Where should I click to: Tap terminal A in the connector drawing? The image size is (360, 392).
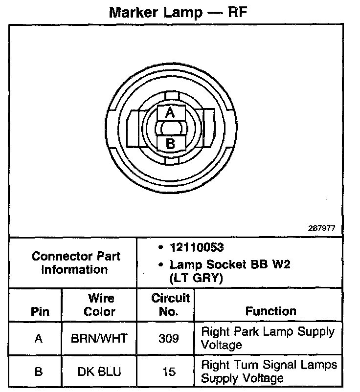(x=170, y=113)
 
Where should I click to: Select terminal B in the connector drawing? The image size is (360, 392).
(x=170, y=144)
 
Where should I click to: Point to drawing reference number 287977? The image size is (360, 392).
(x=322, y=228)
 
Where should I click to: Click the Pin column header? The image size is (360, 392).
(x=40, y=312)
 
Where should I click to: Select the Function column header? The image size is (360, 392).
(x=270, y=311)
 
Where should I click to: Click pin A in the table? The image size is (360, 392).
(x=39, y=338)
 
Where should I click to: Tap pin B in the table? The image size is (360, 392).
(x=39, y=371)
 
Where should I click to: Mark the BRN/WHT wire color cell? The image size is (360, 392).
(x=100, y=338)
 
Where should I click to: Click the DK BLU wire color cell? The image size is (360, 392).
(x=100, y=371)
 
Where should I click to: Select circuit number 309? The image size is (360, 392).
(x=169, y=338)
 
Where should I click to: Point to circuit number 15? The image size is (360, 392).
(x=169, y=371)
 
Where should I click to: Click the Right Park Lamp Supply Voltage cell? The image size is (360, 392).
(x=268, y=338)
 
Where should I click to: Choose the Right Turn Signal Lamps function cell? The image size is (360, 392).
(x=269, y=371)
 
